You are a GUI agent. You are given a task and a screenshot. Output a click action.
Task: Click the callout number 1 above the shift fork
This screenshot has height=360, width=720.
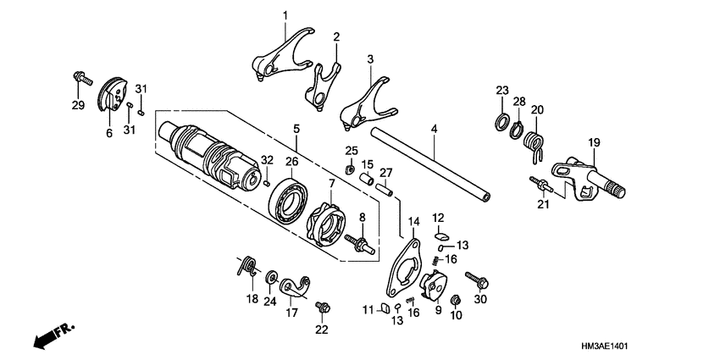pyautogui.click(x=285, y=15)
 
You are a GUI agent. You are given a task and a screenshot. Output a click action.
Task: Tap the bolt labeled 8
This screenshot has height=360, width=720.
pyautogui.click(x=363, y=244)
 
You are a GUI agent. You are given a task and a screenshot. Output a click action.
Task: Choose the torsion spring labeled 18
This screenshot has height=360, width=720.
pyautogui.click(x=247, y=268)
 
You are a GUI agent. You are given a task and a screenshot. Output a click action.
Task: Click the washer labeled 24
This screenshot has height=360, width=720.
pyautogui.click(x=270, y=277)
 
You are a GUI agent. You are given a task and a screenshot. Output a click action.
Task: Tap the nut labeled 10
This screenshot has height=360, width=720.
pyautogui.click(x=455, y=300)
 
